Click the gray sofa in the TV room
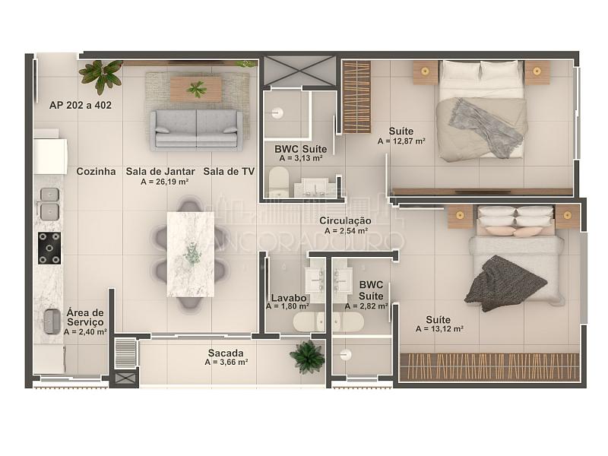coord(196,129)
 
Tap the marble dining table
coord(191,254)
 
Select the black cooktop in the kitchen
coord(49,249)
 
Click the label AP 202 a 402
coord(81,105)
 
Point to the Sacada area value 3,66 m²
coord(226,363)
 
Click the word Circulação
coord(345,220)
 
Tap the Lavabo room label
coord(289,298)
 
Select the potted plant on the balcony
coord(308,356)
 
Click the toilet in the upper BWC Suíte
coord(279,182)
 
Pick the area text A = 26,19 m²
coord(165,182)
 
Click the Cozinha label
coord(96,172)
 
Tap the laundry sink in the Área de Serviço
coord(52,321)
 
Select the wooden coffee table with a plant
coord(196,89)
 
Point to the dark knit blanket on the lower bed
coord(504,283)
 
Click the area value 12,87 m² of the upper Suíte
coord(401,141)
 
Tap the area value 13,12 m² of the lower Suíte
coord(439,329)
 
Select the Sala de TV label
coord(229,172)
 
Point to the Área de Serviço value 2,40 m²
coord(85,332)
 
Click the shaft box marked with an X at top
coord(299,71)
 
